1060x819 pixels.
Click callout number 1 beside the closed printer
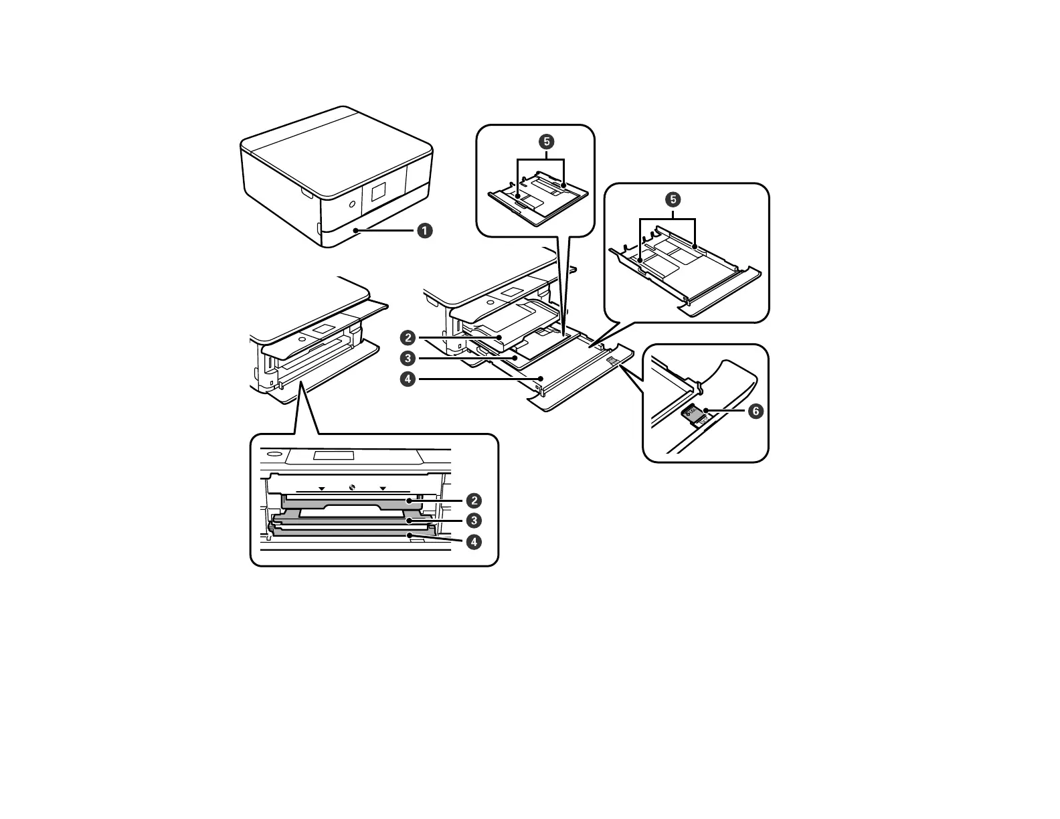pyautogui.click(x=425, y=230)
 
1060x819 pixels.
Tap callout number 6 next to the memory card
pyautogui.click(x=756, y=411)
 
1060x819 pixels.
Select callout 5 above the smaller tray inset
pyautogui.click(x=547, y=141)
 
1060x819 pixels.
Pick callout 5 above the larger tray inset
pyautogui.click(x=673, y=199)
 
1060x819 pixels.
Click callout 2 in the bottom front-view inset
pyautogui.click(x=474, y=500)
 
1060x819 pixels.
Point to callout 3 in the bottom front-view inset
pyautogui.click(x=474, y=520)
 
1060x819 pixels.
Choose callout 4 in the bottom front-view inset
pyautogui.click(x=474, y=542)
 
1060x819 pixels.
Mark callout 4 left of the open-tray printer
pyautogui.click(x=406, y=379)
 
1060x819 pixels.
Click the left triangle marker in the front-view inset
pyautogui.click(x=321, y=488)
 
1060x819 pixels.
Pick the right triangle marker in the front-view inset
pyautogui.click(x=383, y=488)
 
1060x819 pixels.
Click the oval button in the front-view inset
pyautogui.click(x=273, y=454)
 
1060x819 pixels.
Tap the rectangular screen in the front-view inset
pyautogui.click(x=333, y=456)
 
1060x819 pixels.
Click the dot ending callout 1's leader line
pyautogui.click(x=358, y=230)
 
